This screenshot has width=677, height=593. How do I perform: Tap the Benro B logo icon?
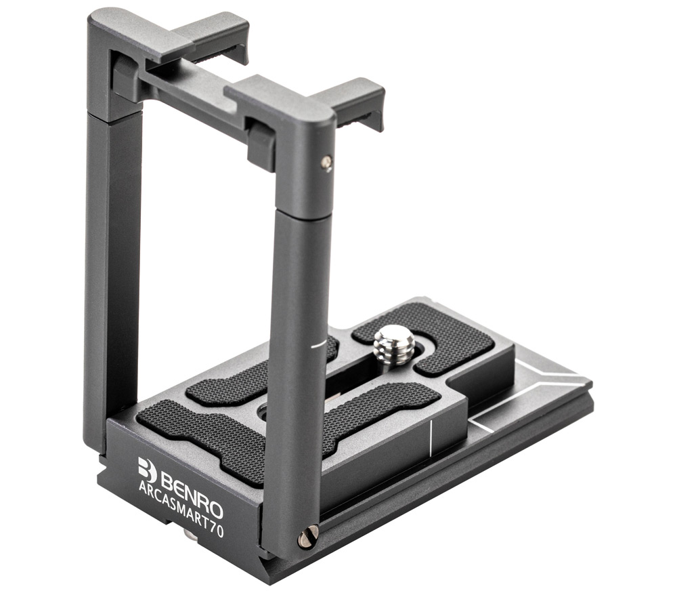(x=147, y=470)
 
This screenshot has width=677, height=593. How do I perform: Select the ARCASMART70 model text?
(x=181, y=508)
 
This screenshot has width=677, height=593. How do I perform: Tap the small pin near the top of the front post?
(x=327, y=162)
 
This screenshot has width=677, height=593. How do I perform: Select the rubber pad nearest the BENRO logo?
(x=203, y=436)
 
